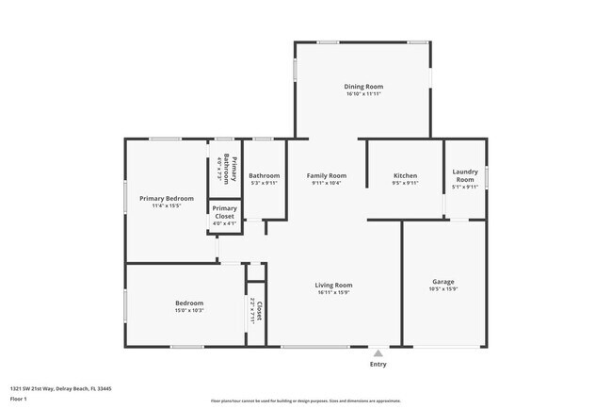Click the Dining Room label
point(363,87)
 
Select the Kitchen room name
point(405,175)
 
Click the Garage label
point(443,282)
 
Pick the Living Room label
point(333,285)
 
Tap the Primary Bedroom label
point(166,198)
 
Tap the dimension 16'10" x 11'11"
point(363,94)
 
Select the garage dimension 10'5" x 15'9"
point(443,289)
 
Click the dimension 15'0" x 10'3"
point(188,310)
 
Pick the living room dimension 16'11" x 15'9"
point(333,292)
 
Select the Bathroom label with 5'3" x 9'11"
point(264,175)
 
